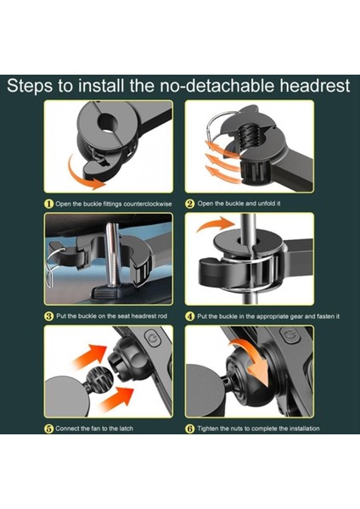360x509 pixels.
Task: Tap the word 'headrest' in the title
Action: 315,86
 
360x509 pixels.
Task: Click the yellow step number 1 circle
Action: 48,204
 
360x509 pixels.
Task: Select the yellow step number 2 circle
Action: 190,204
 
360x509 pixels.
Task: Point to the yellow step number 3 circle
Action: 48,316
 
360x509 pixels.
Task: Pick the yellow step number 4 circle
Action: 190,316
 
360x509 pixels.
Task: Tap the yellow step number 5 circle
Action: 48,428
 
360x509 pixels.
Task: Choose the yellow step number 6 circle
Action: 190,428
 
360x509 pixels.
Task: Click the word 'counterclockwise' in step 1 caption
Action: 148,204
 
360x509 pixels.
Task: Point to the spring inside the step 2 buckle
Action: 250,136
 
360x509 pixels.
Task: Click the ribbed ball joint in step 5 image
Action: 99,378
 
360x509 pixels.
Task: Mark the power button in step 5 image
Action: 152,338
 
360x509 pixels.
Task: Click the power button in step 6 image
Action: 290,334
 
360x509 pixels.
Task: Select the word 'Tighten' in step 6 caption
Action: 208,428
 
